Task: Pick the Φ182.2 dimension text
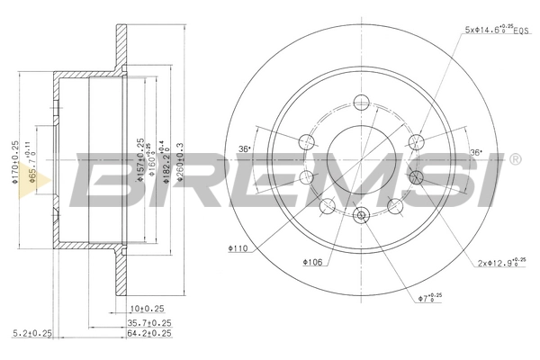(x=163, y=164)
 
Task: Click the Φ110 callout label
(x=239, y=247)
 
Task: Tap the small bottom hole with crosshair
(x=362, y=214)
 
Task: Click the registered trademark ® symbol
(x=515, y=159)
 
